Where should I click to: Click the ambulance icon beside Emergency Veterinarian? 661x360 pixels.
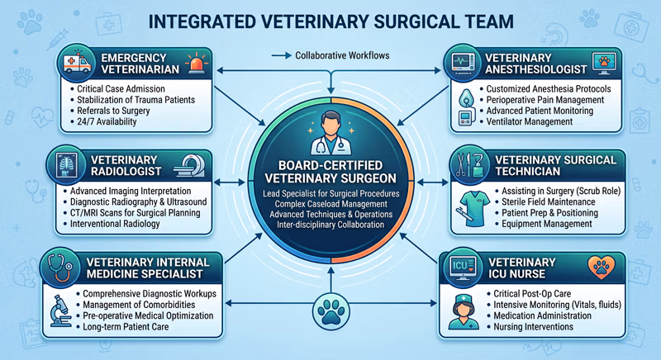coord(77,64)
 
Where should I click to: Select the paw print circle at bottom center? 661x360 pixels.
coord(331,310)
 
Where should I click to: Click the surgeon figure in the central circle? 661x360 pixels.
coord(331,133)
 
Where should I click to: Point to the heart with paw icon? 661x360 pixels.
coord(602,268)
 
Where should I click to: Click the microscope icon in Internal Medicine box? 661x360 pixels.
coord(59,310)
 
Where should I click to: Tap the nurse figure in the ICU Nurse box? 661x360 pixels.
coord(464,311)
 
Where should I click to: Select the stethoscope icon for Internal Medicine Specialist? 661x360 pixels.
coord(59,268)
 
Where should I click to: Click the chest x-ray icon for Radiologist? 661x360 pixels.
coord(67,164)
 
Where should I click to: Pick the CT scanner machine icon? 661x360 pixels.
coord(189,165)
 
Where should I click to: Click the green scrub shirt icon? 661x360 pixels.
coord(473,208)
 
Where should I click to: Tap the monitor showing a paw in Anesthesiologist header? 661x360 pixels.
coord(604,64)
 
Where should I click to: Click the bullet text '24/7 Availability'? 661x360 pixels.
coord(107,121)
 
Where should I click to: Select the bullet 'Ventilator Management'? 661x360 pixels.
coord(529,121)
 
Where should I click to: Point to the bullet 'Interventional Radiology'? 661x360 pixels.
coord(115,224)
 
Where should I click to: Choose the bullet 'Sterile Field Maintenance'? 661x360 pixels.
coord(548,202)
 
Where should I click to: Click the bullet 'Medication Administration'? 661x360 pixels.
coord(542,315)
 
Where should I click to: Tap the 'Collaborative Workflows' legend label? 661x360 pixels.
coord(342,55)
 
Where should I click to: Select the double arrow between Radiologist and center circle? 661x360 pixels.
coord(230,182)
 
